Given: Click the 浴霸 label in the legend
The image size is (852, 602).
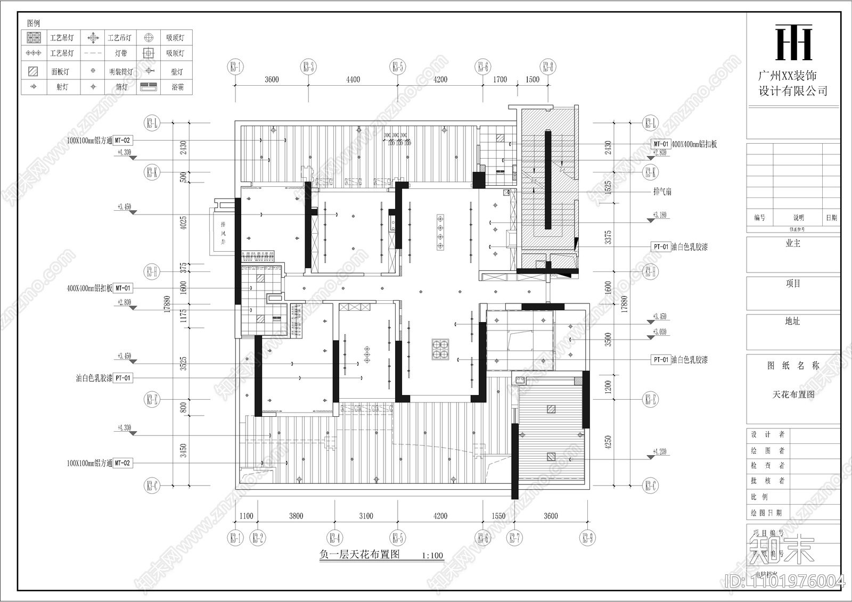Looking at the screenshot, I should (177, 87).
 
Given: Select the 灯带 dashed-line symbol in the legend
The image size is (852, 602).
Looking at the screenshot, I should (93, 53).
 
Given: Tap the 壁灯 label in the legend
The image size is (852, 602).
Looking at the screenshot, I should (177, 71).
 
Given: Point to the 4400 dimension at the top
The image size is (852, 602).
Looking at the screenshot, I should (353, 80).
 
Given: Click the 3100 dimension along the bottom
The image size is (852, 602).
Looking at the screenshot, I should (366, 516).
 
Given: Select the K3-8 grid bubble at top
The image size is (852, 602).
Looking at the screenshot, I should (548, 67).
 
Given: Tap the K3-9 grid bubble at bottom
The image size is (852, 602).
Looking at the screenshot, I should (587, 538).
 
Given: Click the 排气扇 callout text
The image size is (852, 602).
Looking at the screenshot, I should (662, 192).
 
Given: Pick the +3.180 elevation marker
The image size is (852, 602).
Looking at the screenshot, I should (659, 216).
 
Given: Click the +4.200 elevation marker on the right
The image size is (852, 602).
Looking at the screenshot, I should (659, 452).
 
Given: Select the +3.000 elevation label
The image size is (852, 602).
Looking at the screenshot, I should (659, 332).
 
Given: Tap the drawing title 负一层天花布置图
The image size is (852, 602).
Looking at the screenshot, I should (359, 554).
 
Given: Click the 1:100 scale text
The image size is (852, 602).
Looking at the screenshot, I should (432, 556).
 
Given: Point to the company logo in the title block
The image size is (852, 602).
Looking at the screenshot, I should (793, 43).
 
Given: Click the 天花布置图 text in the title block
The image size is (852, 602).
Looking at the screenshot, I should (793, 394).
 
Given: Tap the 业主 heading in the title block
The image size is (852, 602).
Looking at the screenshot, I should (793, 243).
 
